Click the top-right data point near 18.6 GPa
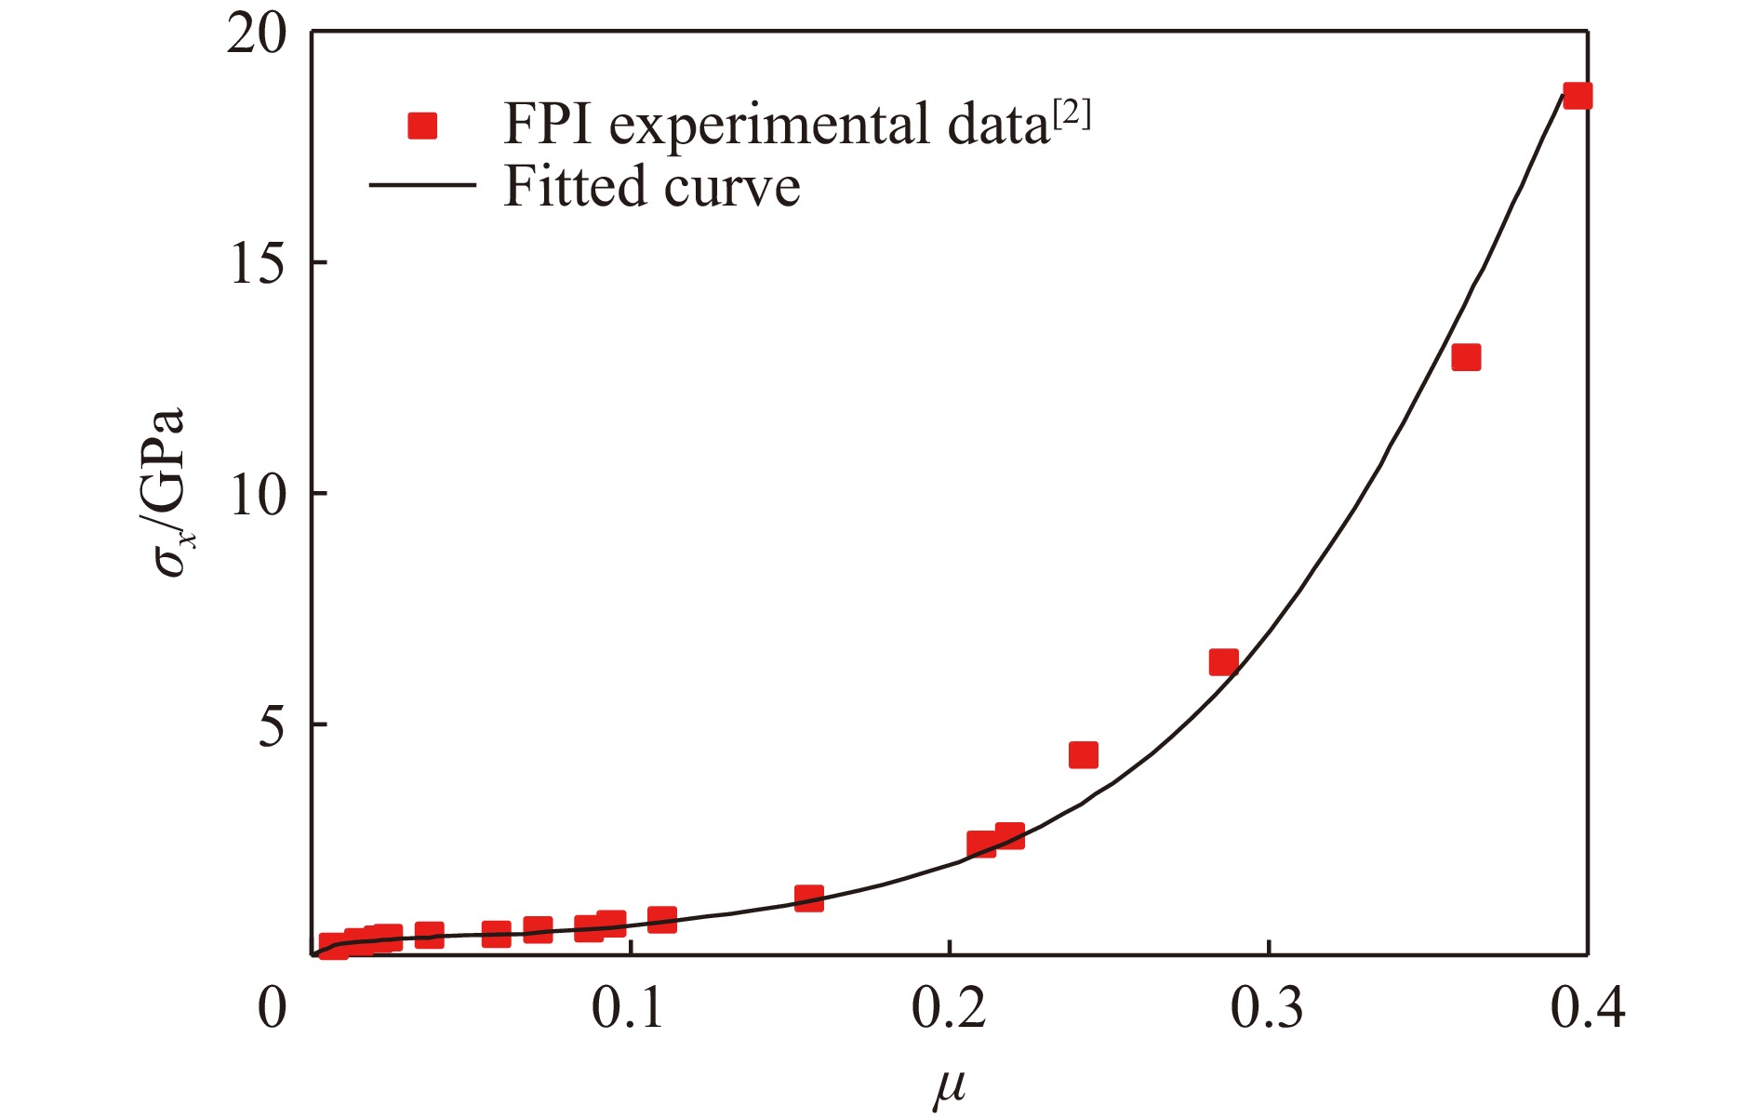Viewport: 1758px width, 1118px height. [1578, 96]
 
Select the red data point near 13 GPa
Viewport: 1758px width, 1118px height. [1466, 357]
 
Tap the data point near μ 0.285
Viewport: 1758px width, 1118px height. [1223, 662]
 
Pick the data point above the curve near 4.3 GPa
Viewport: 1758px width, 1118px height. [1084, 754]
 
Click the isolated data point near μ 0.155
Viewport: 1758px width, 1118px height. [809, 898]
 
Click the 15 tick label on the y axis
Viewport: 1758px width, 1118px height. [256, 266]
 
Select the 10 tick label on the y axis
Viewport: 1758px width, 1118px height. [256, 497]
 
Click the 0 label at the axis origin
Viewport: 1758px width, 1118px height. [273, 1008]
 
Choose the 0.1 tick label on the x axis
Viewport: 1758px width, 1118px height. [630, 1008]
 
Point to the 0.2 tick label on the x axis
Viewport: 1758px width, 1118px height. [949, 1008]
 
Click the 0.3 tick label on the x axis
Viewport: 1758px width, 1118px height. [1268, 1008]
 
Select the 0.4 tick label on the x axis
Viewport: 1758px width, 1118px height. [1587, 1008]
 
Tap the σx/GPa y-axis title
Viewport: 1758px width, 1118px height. [169, 493]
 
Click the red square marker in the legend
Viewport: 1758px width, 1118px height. [422, 125]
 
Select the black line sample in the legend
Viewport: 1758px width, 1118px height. [422, 185]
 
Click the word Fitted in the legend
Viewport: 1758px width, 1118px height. [575, 185]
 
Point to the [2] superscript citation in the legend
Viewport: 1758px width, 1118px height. [1072, 114]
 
